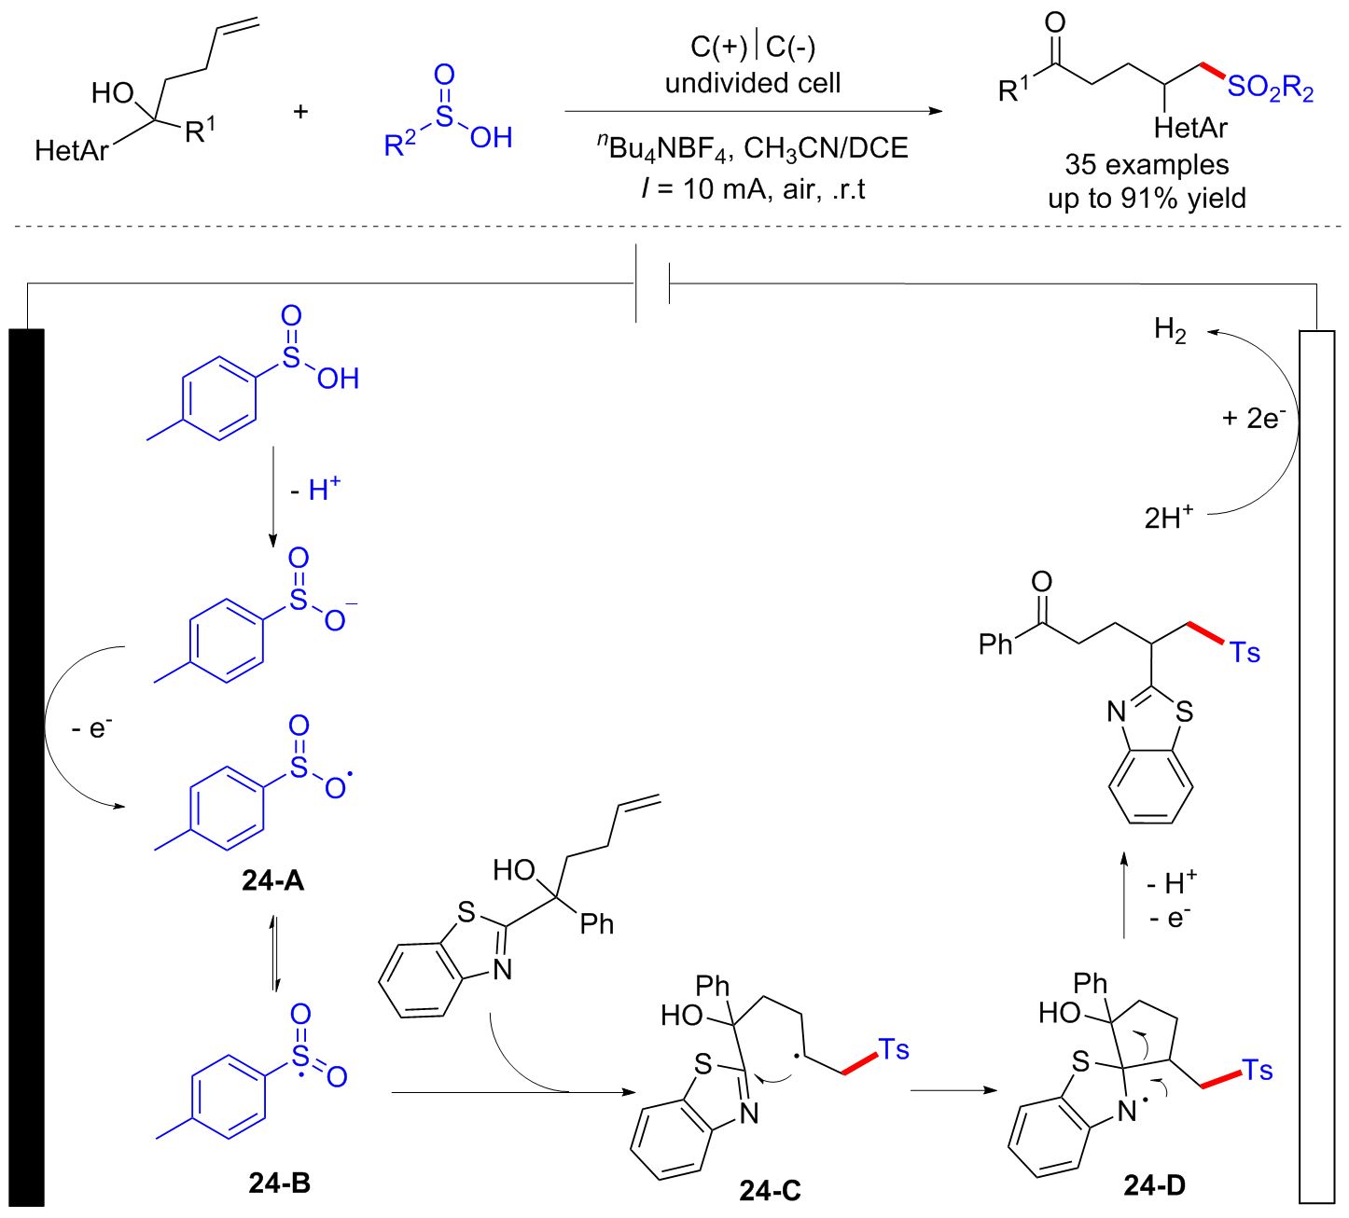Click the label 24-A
click(x=272, y=879)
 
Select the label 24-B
click(x=280, y=1183)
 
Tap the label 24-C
click(x=770, y=1190)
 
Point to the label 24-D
click(x=1155, y=1184)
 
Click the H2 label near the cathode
click(x=1170, y=330)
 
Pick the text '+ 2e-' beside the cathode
click(x=1253, y=418)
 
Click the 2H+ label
click(x=1169, y=517)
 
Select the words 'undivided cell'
click(x=753, y=84)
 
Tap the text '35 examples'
click(x=1147, y=165)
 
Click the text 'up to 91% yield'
click(x=1147, y=198)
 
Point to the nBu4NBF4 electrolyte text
click(x=662, y=148)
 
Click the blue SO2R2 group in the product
click(x=1270, y=89)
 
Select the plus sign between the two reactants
click(x=300, y=112)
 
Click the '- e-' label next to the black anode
click(x=91, y=727)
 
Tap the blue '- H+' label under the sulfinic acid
click(x=315, y=489)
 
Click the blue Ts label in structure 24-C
click(x=893, y=1050)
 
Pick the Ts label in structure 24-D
click(x=1258, y=1070)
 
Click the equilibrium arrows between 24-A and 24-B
click(x=273, y=953)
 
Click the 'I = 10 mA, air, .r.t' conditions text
click(x=753, y=189)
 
